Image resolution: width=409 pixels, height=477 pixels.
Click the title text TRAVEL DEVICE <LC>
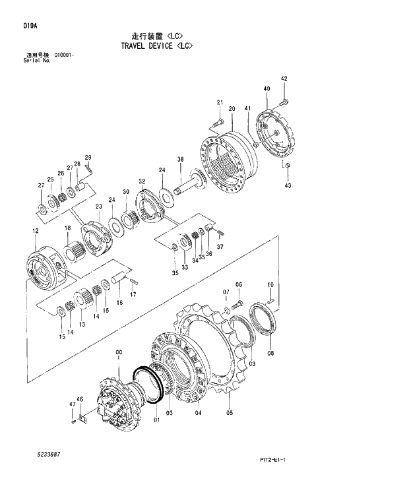click(156, 46)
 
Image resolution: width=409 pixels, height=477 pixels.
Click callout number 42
click(284, 79)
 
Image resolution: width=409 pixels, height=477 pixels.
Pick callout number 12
click(35, 231)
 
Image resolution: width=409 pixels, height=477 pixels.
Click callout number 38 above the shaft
click(180, 160)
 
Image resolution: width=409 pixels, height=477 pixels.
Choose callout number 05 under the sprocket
click(230, 414)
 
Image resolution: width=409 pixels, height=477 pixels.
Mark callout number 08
click(270, 353)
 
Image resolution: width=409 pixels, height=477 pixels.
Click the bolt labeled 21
click(219, 123)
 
